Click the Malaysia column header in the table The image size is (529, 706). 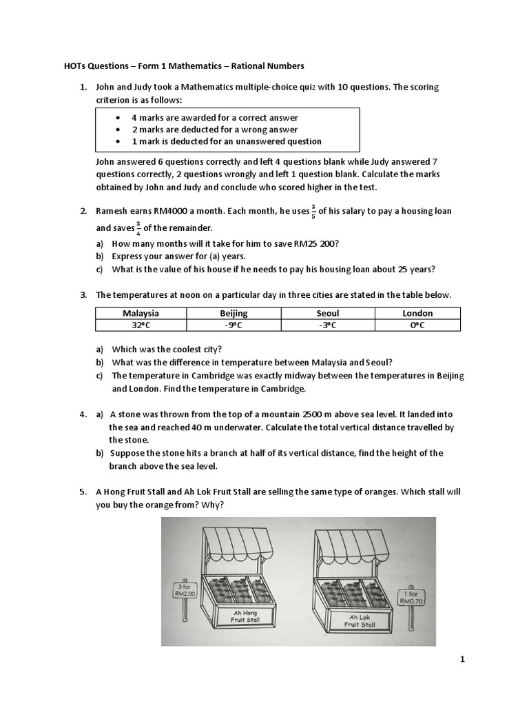click(x=141, y=313)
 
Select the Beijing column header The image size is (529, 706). click(x=234, y=313)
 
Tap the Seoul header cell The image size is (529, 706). click(x=327, y=313)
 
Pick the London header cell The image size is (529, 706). click(x=417, y=313)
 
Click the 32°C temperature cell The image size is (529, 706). click(x=141, y=325)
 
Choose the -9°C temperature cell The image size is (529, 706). click(x=234, y=325)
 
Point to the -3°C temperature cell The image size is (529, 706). click(x=327, y=325)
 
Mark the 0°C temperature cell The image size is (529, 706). click(x=417, y=325)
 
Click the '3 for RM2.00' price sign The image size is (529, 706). click(x=184, y=590)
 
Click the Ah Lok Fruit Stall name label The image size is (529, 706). click(x=362, y=621)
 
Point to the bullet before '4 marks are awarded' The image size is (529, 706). click(x=120, y=118)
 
